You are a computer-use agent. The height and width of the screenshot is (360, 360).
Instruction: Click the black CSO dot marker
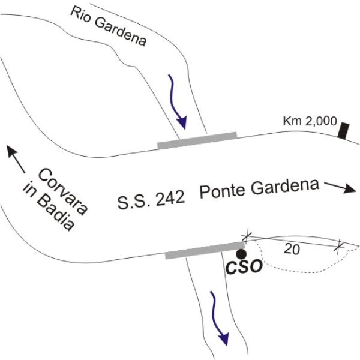coord(241,254)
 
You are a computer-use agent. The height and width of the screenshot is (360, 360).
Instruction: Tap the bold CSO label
coord(244,266)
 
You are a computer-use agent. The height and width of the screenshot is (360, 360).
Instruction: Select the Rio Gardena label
coord(109,26)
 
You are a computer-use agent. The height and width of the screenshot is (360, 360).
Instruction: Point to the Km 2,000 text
coord(310,121)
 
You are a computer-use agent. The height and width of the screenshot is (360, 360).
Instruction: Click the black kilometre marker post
coord(343,131)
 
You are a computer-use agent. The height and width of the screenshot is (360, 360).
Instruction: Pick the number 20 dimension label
coord(292,249)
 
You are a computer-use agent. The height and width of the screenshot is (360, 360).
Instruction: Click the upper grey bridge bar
coord(197,140)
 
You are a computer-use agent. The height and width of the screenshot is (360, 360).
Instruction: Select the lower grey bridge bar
coord(205,250)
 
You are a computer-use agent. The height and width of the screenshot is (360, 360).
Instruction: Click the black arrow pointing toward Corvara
coord(16,159)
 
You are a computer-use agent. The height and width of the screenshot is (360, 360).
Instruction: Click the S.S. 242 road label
coord(151,200)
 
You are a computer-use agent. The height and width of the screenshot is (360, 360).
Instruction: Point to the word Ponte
coord(222,192)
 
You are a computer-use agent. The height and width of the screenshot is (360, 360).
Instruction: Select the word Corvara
coord(63,191)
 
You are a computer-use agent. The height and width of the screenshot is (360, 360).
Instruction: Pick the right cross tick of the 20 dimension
coord(339,247)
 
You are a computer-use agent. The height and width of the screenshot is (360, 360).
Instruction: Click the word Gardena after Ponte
coord(284,188)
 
